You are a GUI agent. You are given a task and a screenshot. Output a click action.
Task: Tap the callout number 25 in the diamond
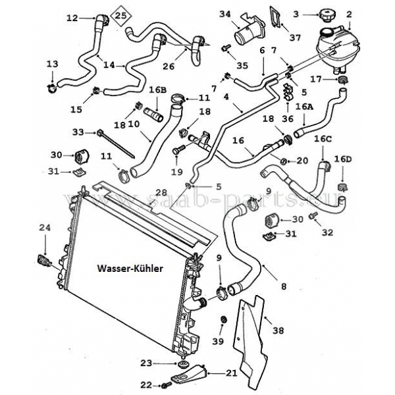tap(120, 14)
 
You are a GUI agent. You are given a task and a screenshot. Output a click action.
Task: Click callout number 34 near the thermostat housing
tap(225, 14)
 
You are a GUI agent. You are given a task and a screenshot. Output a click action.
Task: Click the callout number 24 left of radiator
tap(45, 228)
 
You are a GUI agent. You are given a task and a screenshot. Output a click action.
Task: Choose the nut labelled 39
tap(224, 321)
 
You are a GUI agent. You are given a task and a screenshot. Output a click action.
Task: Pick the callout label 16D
tap(343, 159)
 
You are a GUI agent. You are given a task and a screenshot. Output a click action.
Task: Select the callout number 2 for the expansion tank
tap(367, 14)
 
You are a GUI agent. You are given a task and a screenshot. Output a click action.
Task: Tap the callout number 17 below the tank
tap(315, 80)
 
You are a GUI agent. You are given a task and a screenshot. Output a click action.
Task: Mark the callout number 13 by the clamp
tap(52, 64)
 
